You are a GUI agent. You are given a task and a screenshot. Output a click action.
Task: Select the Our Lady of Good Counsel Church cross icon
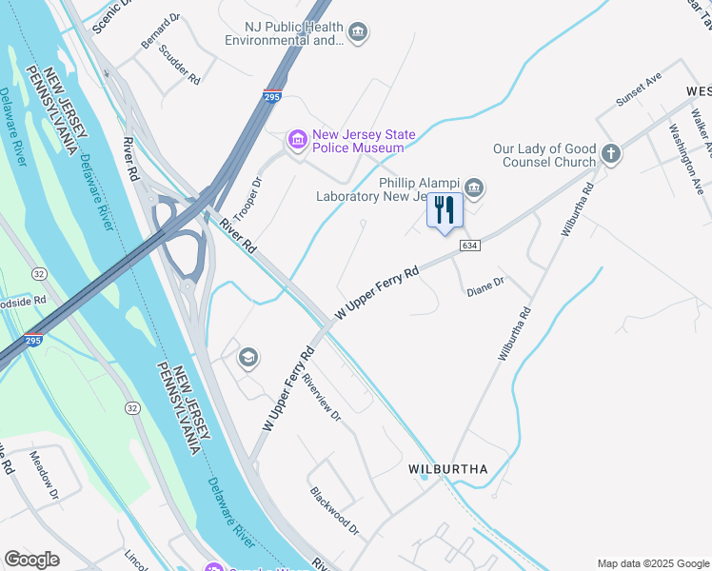[611, 153]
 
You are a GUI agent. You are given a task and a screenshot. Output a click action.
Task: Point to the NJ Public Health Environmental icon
[358, 33]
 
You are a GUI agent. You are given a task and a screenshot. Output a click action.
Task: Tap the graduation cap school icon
[247, 357]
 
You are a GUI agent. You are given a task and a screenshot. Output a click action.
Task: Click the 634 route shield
[468, 246]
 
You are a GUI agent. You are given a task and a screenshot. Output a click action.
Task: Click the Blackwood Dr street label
[334, 510]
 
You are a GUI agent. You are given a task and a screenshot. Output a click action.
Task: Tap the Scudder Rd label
[180, 64]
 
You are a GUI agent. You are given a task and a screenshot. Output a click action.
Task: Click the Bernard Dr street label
[160, 31]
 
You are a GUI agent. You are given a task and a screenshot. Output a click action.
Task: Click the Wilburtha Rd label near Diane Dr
[514, 333]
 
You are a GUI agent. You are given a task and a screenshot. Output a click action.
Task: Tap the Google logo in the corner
[31, 560]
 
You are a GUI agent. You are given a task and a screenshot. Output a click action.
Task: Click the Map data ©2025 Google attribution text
[652, 563]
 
